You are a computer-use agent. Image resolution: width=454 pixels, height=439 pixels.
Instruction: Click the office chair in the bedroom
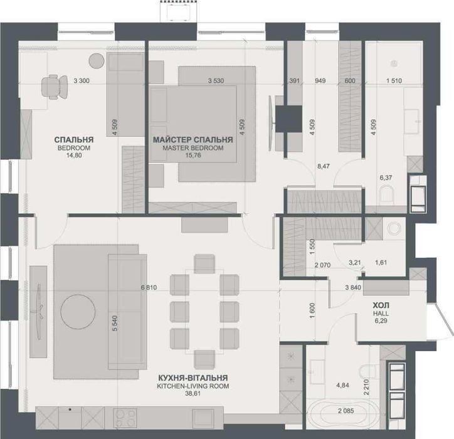[x=55, y=87]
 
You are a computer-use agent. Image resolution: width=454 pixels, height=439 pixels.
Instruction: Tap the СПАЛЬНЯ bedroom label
[x=74, y=140]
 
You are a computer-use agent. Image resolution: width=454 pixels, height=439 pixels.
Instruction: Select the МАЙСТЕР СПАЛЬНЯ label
[x=193, y=140]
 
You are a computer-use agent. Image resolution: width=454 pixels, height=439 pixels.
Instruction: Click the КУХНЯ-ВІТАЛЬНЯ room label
[x=193, y=378]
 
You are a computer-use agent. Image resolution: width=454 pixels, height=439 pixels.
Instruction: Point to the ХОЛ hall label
[x=381, y=305]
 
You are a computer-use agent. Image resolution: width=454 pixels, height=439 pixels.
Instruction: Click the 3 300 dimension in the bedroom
[x=82, y=81]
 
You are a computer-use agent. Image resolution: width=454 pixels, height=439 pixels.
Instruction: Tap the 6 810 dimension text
[x=149, y=288]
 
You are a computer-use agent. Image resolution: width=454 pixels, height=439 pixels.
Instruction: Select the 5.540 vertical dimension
[x=115, y=323]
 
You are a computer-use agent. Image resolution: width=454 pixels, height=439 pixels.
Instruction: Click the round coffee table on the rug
[x=78, y=312]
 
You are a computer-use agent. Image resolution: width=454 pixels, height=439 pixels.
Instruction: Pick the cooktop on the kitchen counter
[x=125, y=418]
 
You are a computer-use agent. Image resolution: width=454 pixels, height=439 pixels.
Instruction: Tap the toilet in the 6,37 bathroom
[x=387, y=194]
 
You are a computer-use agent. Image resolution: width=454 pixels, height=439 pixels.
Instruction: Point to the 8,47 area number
[x=324, y=166]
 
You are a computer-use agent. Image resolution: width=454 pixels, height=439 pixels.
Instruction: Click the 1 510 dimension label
[x=394, y=81]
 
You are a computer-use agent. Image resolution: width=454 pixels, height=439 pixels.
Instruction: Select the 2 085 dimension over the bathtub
[x=346, y=411]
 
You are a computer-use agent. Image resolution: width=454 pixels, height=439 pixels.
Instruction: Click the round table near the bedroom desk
[x=97, y=61]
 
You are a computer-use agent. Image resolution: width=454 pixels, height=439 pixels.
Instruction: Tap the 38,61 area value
[x=193, y=394]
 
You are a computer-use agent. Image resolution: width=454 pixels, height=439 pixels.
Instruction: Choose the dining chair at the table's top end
[x=204, y=264]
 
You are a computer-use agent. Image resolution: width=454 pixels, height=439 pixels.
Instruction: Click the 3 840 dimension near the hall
[x=353, y=288]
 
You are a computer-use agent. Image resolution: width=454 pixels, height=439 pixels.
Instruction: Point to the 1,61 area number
[x=381, y=263]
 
